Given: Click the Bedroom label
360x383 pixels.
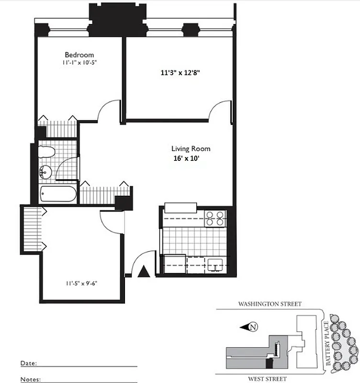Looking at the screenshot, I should (79, 55).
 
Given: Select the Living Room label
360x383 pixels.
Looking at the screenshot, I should (191, 149).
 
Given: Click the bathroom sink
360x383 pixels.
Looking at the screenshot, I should (46, 171).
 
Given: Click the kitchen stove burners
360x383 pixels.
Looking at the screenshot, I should (215, 218).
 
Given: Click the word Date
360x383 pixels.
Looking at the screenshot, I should (28, 363).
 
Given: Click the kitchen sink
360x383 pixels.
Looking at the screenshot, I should (215, 263).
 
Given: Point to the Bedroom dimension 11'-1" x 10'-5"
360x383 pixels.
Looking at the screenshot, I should (79, 63).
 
